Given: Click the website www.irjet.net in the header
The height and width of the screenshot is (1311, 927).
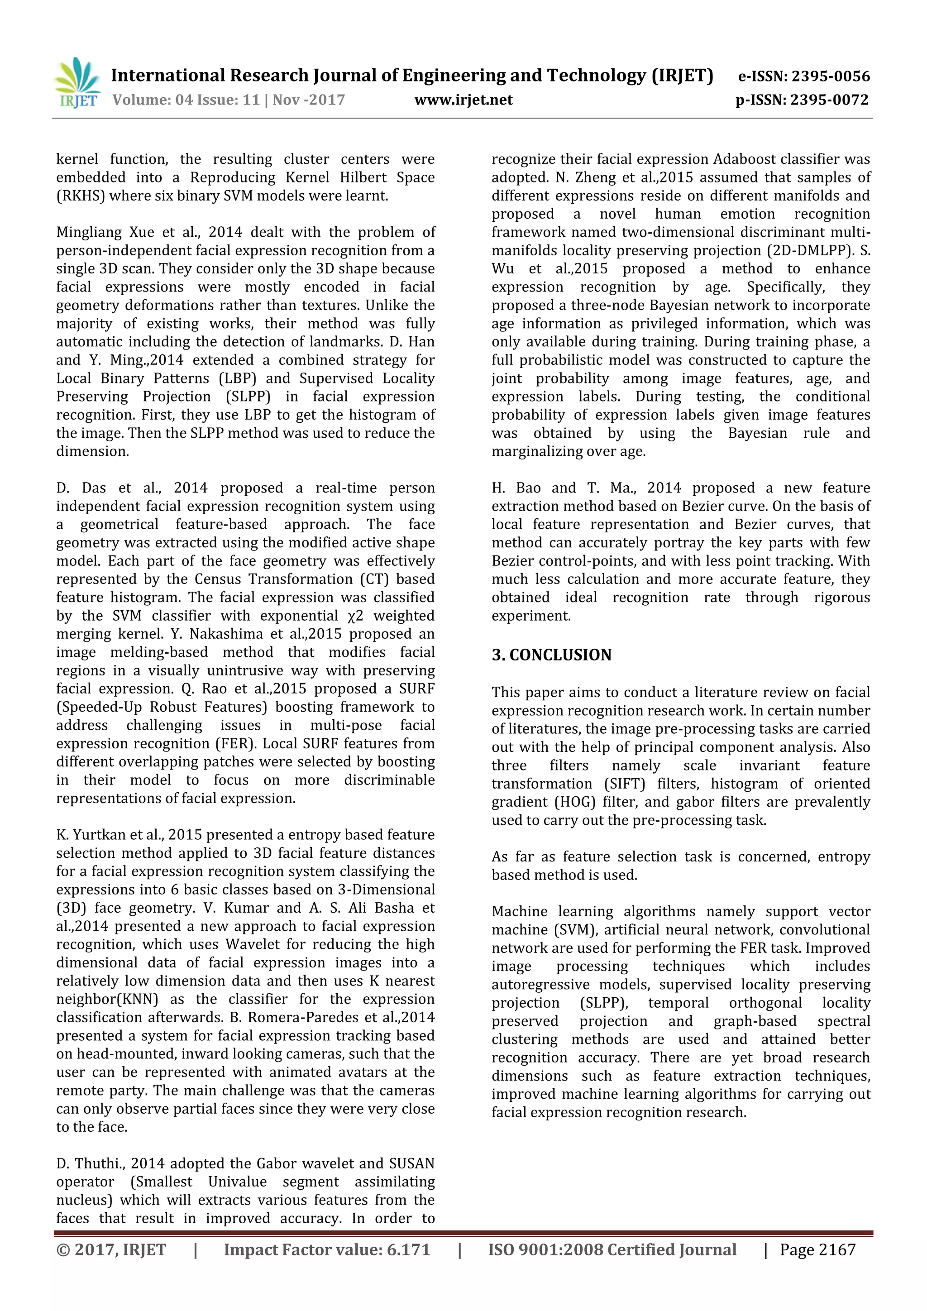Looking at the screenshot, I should click(463, 100).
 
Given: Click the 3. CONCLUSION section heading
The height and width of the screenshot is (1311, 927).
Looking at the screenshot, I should click(551, 655).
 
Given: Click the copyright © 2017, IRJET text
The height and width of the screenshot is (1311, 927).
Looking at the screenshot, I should click(111, 1250).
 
